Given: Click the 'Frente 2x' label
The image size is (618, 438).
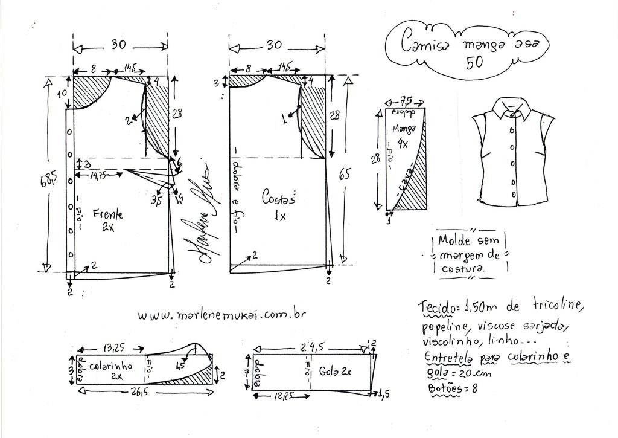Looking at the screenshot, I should click(x=109, y=219).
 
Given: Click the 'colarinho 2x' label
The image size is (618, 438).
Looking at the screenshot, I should click(x=111, y=370).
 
